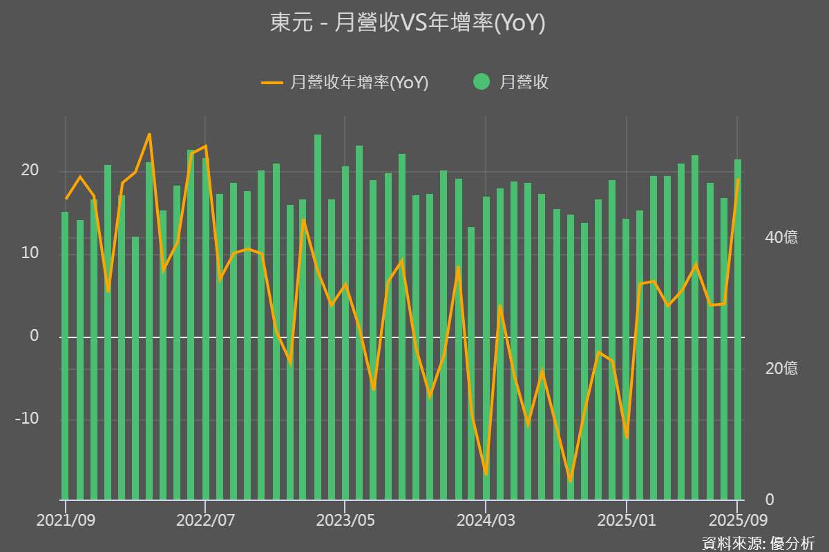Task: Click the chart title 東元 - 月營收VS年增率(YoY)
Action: click(408, 23)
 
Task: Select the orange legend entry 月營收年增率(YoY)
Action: click(345, 83)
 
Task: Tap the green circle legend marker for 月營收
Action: click(482, 82)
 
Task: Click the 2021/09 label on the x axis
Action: click(66, 520)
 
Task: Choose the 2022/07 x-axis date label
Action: click(205, 520)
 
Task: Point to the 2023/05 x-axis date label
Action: click(345, 520)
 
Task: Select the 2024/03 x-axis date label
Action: click(486, 520)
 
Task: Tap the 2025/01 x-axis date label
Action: click(626, 520)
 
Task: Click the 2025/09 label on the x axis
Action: click(736, 520)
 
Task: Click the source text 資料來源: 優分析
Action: click(759, 542)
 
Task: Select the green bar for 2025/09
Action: click(738, 331)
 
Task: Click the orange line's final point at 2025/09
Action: click(738, 180)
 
